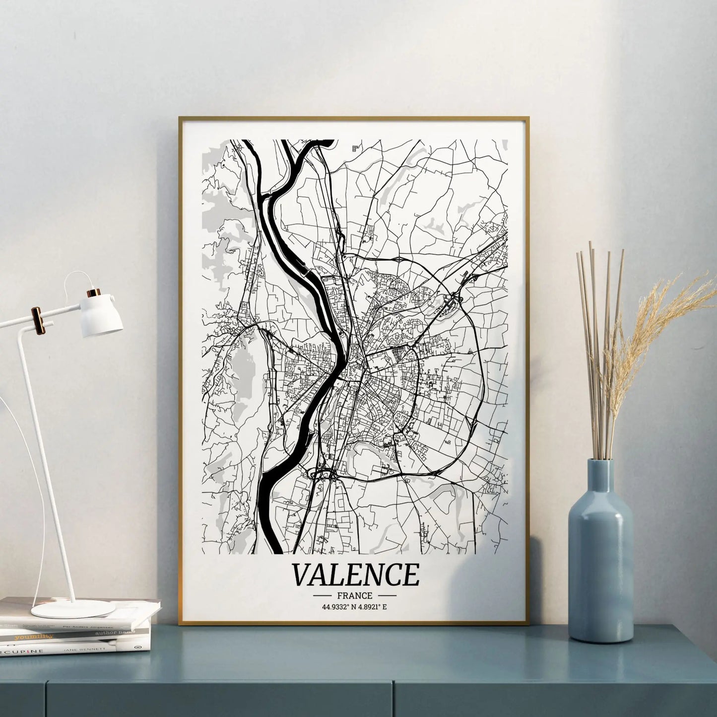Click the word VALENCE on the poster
click(355, 575)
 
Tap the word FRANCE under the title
click(354, 595)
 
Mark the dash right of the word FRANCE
click(387, 595)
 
